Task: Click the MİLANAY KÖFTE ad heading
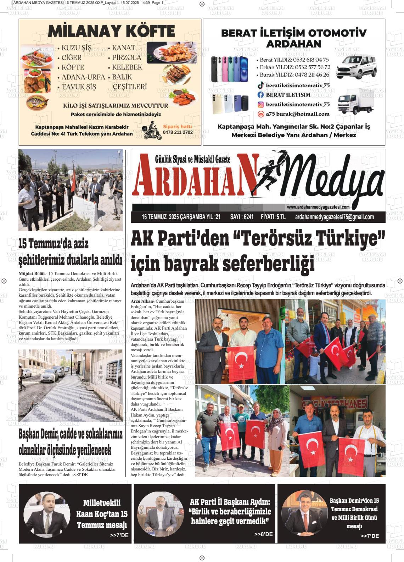(x=111, y=32)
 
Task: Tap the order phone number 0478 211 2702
(x=178, y=132)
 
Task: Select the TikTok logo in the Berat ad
(x=260, y=86)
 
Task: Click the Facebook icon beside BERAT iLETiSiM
(x=260, y=95)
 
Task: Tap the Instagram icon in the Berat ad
(x=260, y=104)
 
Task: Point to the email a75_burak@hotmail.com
(x=298, y=114)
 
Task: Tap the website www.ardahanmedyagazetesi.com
(x=318, y=207)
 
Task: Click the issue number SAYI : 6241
(x=242, y=217)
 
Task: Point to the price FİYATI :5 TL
(x=273, y=217)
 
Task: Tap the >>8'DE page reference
(x=263, y=534)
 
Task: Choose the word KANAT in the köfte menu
(x=124, y=48)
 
